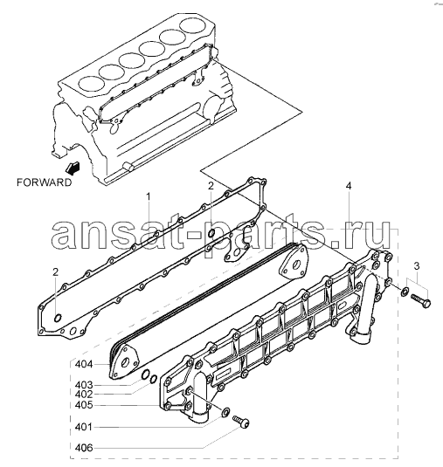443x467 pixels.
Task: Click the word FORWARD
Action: point(44,182)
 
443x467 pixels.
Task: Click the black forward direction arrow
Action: point(73,168)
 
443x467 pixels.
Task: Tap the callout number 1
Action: point(148,197)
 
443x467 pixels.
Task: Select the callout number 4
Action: point(349,186)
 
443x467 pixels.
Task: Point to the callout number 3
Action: point(417,266)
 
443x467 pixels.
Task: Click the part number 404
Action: point(84,365)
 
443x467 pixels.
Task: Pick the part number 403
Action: point(84,385)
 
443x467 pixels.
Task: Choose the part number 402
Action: point(84,395)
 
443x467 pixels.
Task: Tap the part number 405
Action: point(84,405)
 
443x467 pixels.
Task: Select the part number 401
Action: point(84,428)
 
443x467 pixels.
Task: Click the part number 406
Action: point(84,448)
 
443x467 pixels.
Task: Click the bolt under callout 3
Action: point(420,300)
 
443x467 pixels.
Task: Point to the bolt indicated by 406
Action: point(240,422)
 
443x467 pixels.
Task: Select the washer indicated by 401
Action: point(225,412)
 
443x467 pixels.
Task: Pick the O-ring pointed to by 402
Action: point(153,379)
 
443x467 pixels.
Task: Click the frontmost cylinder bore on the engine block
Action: point(90,84)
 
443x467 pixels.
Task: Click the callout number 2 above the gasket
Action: point(211,186)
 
